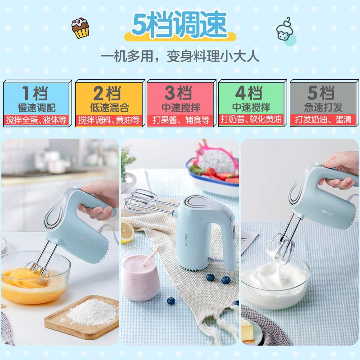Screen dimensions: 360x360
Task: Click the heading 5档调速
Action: [x=180, y=25]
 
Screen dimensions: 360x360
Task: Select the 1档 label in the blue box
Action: [x=36, y=93]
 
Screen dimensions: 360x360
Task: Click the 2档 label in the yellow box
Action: [x=107, y=93]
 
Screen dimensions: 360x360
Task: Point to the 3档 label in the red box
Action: [x=179, y=93]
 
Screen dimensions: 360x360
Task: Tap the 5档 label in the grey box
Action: [x=321, y=93]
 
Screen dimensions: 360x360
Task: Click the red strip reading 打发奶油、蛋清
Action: [x=321, y=120]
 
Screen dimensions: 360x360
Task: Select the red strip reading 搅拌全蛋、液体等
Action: [x=36, y=120]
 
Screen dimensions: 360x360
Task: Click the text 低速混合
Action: [x=107, y=108]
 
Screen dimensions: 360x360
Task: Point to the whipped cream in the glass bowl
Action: [x=272, y=277]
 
